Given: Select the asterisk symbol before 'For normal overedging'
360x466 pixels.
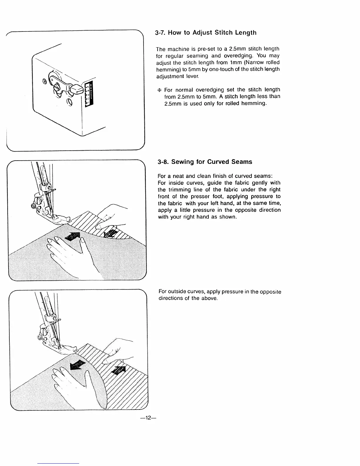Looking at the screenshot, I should click(x=160, y=90).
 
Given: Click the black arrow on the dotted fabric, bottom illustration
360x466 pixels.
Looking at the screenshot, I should click(x=76, y=365).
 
